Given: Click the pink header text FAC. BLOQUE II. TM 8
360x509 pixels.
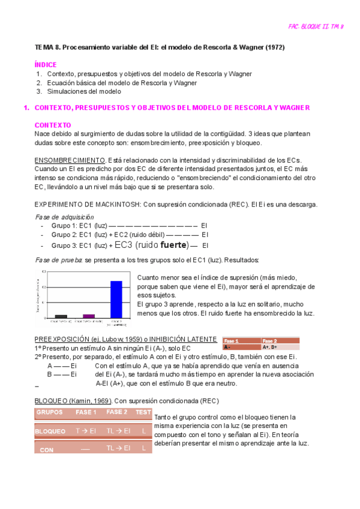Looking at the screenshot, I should pyautogui.click(x=316, y=27).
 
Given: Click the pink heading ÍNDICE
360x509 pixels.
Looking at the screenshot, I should pyautogui.click(x=46, y=64).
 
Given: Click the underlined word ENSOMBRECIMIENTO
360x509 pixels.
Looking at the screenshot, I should pyautogui.click(x=70, y=161).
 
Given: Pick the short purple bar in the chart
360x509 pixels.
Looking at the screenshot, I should pyautogui.click(x=89, y=315).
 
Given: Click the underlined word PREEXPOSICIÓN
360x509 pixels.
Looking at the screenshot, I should pyautogui.click(x=62, y=339).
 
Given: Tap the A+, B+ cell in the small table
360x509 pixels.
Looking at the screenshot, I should pyautogui.click(x=269, y=347).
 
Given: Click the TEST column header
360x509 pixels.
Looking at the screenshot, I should pyautogui.click(x=143, y=412).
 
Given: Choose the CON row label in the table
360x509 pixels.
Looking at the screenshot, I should pyautogui.click(x=46, y=450).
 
